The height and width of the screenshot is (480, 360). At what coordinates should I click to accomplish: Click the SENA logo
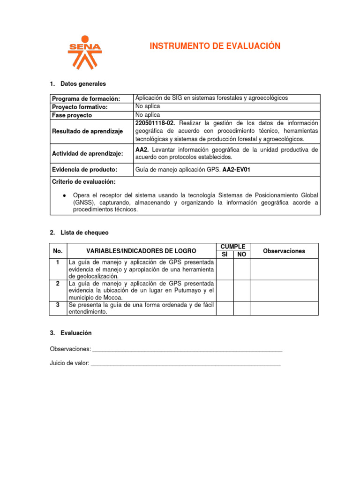(85, 52)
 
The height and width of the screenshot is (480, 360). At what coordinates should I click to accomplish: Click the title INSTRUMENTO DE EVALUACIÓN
(215, 46)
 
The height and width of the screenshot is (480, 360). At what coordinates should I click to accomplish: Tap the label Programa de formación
(86, 98)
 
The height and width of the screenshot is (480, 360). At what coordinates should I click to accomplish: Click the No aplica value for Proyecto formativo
(148, 106)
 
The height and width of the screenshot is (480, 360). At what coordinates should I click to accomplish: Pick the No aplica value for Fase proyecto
(148, 115)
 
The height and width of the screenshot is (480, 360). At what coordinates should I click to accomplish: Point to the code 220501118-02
(156, 123)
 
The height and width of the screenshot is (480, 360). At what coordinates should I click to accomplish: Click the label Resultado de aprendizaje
(87, 131)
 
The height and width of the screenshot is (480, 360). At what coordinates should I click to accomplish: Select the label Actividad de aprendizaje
(87, 153)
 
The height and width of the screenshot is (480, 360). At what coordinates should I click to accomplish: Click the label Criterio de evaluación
(84, 181)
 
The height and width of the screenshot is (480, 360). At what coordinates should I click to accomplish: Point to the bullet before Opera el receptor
(64, 195)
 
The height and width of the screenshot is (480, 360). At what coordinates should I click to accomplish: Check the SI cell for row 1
(225, 269)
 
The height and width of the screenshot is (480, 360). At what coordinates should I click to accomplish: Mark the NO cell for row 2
(241, 291)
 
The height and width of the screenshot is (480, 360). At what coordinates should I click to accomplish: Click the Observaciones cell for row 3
(284, 308)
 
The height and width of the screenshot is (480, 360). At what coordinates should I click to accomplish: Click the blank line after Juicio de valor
(186, 363)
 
